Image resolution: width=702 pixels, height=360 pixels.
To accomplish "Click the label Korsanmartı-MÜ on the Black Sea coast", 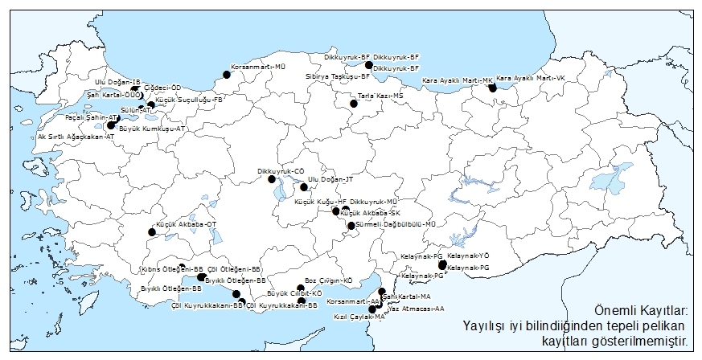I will coord(259,67).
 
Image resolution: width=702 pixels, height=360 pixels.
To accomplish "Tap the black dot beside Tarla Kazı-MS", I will coord(353,103).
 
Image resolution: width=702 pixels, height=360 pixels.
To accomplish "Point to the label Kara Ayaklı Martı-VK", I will coord(531,79).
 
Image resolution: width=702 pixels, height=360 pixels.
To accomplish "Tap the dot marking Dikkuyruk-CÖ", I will coord(272,178).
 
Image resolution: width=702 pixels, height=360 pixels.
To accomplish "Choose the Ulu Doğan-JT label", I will coord(330,179).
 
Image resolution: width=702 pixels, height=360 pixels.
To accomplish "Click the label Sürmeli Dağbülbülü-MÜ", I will coord(395,224).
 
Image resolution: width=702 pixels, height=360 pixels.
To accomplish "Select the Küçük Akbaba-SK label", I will coord(371,212).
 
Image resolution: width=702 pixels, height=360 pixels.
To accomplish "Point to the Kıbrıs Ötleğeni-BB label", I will coord(172,268).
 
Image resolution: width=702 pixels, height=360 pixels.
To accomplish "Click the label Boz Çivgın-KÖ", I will coord(329,280).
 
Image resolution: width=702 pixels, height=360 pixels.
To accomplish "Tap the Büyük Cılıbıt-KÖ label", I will coord(294,294).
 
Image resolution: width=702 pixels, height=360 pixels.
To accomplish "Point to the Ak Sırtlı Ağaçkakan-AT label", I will coord(76,137).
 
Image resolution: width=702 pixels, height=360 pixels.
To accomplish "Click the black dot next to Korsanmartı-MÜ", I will coord(227,74).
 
